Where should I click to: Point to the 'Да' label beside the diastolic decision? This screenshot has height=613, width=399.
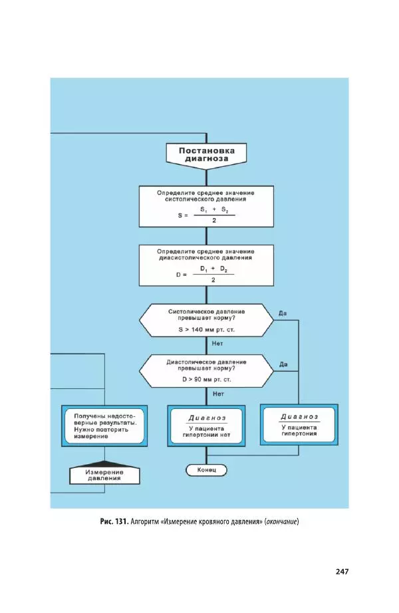click(x=283, y=364)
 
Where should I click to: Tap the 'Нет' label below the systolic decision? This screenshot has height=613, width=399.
click(x=217, y=344)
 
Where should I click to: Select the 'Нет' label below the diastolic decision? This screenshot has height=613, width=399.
click(x=217, y=394)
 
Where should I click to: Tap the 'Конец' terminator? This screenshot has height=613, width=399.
click(x=206, y=470)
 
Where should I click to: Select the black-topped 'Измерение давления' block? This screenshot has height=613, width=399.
click(x=105, y=473)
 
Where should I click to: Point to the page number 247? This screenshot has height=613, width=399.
click(x=342, y=570)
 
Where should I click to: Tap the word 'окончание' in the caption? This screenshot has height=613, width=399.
click(x=281, y=521)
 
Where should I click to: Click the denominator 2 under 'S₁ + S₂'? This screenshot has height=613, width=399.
click(x=214, y=221)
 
